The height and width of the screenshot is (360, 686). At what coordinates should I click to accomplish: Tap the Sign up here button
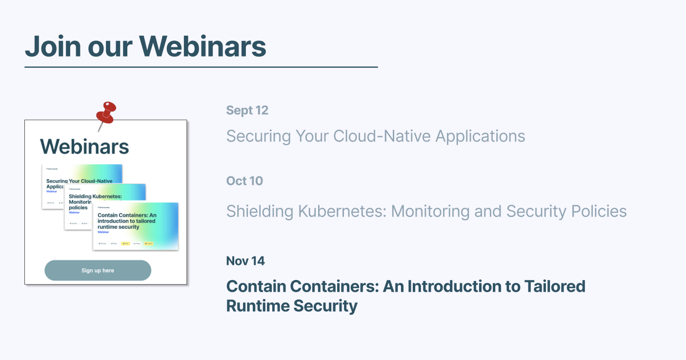(98, 270)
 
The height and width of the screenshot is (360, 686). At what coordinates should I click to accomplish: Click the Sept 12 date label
(247, 110)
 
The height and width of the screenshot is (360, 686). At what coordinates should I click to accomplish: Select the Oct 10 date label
(244, 181)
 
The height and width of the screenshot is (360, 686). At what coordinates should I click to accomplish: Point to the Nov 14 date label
(245, 261)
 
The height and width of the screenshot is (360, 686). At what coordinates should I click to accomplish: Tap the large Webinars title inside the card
(84, 146)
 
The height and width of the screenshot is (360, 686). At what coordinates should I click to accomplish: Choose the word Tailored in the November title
(555, 286)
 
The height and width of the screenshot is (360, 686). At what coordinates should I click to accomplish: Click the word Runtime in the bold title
(258, 306)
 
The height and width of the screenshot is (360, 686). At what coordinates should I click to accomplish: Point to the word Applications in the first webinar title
(480, 136)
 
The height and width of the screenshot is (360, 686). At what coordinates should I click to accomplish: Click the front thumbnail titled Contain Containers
(136, 226)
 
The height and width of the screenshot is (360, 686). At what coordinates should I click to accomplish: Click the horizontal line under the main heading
(201, 67)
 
